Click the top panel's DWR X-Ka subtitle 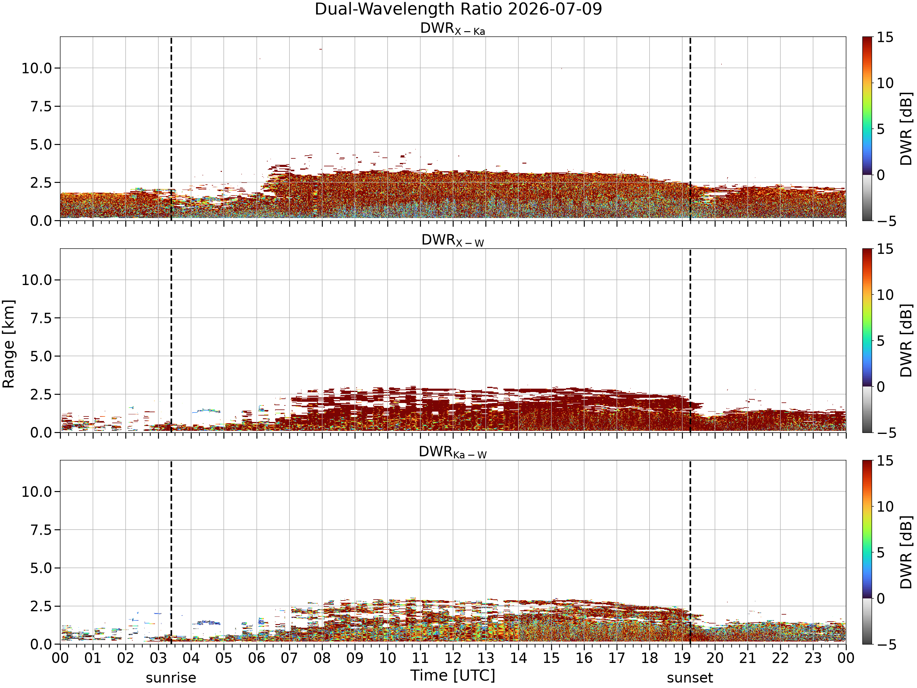pyautogui.click(x=453, y=29)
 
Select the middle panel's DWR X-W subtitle pyautogui.click(x=453, y=241)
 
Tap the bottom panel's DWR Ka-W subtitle pyautogui.click(x=453, y=452)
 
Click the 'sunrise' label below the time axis pyautogui.click(x=171, y=678)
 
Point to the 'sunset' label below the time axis pyautogui.click(x=690, y=678)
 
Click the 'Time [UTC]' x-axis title pyautogui.click(x=453, y=675)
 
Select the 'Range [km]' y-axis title pyautogui.click(x=8, y=344)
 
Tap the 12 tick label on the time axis pyautogui.click(x=453, y=658)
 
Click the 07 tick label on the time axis pyautogui.click(x=289, y=658)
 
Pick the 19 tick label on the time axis pyautogui.click(x=682, y=658)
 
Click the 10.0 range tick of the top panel pyautogui.click(x=37, y=68)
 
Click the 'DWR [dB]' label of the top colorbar pyautogui.click(x=906, y=128)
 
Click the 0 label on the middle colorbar pyautogui.click(x=881, y=387)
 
